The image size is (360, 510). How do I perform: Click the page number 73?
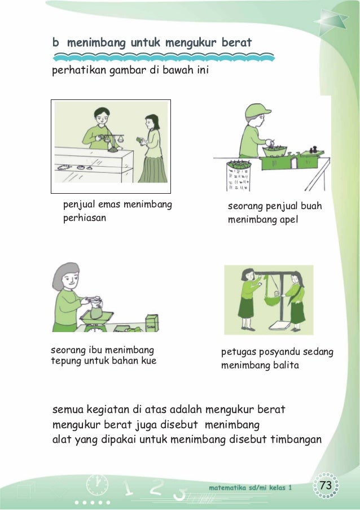pos(326,485)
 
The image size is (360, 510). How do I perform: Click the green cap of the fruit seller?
pos(257,111)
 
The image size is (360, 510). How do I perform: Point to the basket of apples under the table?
pos(239,175)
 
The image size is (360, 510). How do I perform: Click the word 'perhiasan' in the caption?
pos(85,218)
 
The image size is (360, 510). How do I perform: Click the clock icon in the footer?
pos(97,485)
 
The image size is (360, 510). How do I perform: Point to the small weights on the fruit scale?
pos(313,150)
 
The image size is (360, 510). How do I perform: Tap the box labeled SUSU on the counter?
pos(152,323)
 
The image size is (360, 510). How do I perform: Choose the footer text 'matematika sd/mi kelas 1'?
pos(251,487)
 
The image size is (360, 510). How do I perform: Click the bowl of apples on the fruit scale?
pos(275,151)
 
